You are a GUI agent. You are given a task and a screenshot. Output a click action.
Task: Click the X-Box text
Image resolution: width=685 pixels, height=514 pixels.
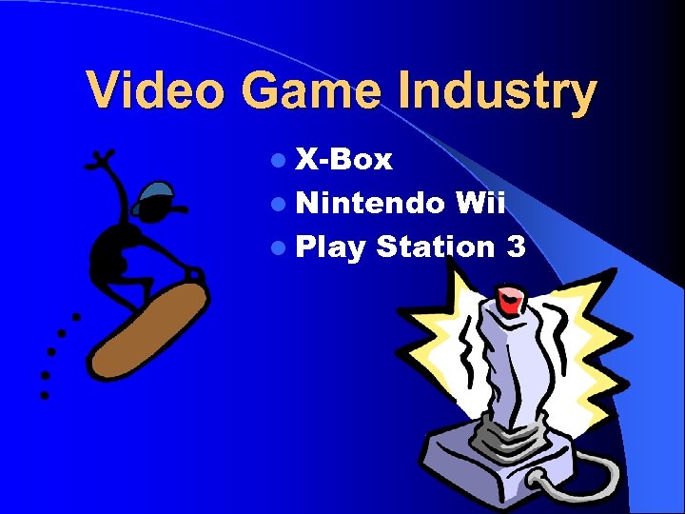pos(343,160)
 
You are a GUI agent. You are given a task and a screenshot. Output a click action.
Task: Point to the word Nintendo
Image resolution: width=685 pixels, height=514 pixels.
pos(370,204)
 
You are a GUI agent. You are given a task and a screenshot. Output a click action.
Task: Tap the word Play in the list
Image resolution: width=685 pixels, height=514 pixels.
pos(330,248)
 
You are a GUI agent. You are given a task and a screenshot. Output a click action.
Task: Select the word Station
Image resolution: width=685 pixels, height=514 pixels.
pos(436,247)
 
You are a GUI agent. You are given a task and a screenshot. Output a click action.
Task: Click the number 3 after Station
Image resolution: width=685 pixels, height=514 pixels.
pos(517,247)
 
